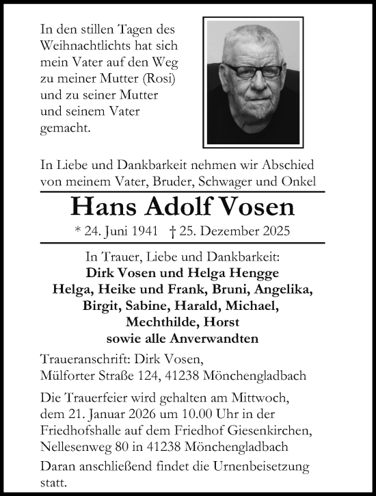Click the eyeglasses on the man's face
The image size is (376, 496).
click(x=258, y=70)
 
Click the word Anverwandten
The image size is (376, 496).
click(x=219, y=339)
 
